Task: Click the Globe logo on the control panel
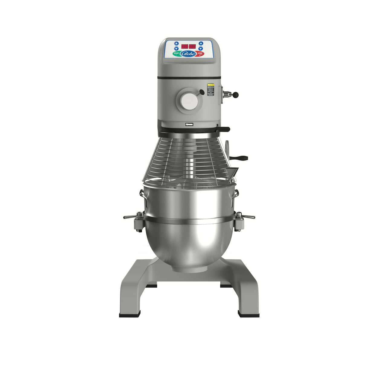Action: click(188, 54)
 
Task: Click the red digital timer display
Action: click(188, 47)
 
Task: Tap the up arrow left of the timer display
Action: click(177, 43)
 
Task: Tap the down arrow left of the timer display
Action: click(177, 49)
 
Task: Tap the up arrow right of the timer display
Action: click(200, 43)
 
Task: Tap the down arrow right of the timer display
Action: click(200, 49)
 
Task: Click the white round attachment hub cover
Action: click(189, 101)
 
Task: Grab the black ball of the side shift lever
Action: click(236, 95)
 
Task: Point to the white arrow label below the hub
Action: click(189, 124)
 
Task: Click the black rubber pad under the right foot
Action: click(248, 315)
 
